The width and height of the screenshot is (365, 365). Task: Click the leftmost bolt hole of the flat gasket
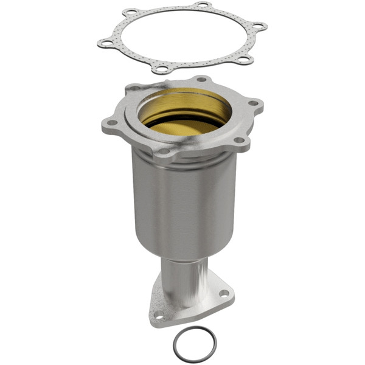(106, 43)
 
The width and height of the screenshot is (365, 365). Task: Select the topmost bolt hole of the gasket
(201, 6)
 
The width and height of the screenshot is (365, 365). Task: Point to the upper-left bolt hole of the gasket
(130, 12)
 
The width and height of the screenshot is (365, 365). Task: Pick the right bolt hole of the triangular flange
(223, 293)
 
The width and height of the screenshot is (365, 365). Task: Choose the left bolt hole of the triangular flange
(159, 315)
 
